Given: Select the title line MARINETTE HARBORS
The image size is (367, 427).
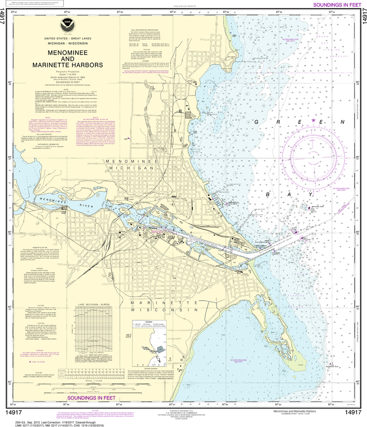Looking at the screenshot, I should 67,65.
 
